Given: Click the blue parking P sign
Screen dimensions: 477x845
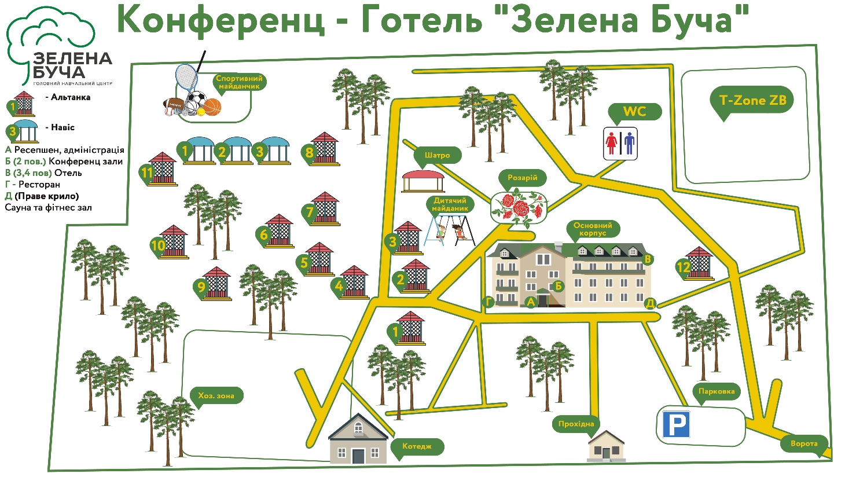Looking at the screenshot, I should click(676, 424).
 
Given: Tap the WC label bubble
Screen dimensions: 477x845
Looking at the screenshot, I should click(634, 111).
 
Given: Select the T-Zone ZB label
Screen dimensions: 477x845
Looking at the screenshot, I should click(752, 100).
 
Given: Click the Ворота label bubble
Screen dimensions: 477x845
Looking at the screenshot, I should click(804, 444).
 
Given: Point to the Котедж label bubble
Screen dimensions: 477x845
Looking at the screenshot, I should click(417, 446).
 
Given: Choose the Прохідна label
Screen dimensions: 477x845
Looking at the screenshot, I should click(576, 424).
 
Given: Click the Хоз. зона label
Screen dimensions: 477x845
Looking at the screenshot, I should click(216, 395).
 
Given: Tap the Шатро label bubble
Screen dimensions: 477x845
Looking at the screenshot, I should click(437, 155).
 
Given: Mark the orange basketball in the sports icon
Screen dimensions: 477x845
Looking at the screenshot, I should click(213, 107).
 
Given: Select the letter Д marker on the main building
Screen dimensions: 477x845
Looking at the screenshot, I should click(650, 303).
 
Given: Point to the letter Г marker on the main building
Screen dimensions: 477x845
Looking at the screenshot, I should click(489, 302).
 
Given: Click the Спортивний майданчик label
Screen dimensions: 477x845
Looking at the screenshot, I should click(239, 82).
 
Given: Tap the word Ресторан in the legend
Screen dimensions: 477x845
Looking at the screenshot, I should click(39, 185).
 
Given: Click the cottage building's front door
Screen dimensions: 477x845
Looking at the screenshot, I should click(358, 456).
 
